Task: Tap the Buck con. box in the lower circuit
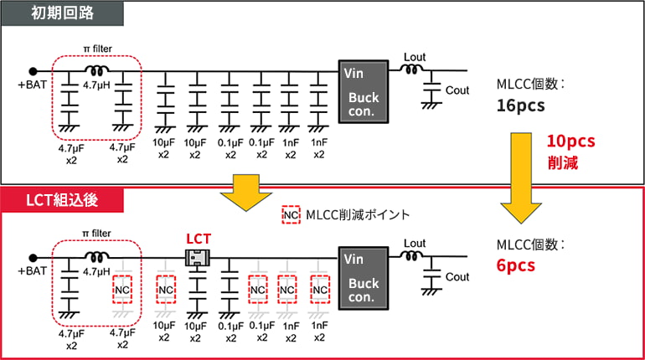[x=363, y=273]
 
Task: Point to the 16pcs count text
[x=520, y=106]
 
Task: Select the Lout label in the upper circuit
[x=415, y=56]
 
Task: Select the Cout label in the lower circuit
[x=457, y=276]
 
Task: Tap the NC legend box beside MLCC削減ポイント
[x=291, y=214]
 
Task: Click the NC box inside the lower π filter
[x=123, y=289]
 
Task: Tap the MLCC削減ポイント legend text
[x=356, y=215]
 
